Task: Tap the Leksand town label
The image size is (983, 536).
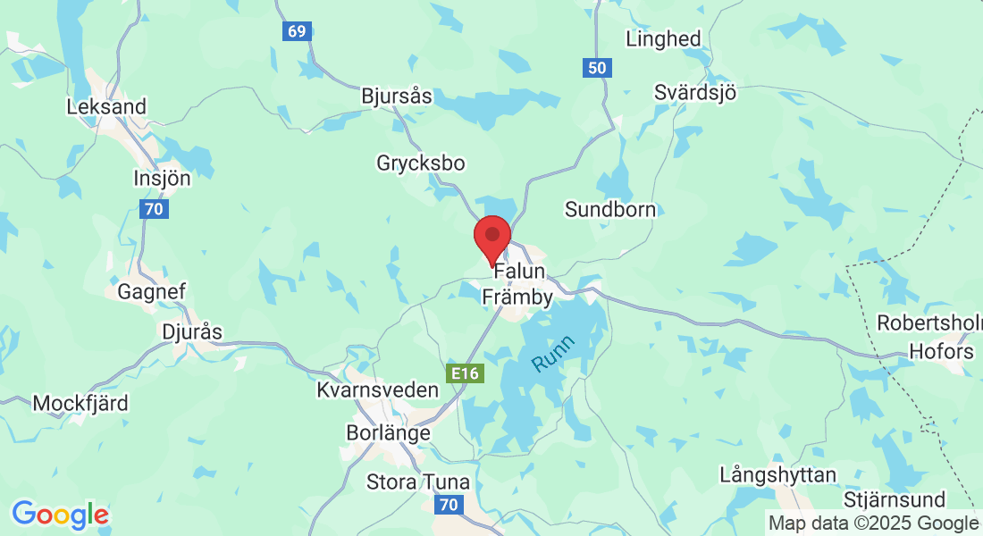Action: pos(106,106)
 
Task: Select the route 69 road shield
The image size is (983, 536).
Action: pos(297,31)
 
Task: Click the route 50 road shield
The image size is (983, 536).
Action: pos(597,67)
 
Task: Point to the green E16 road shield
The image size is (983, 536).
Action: pos(465,373)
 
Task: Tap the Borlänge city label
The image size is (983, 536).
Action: pos(388,432)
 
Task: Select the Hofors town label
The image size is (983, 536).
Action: pos(941,351)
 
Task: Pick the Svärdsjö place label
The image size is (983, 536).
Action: pos(695,92)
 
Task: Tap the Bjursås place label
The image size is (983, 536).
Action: pos(397,96)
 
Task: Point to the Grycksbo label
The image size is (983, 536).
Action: pos(421,163)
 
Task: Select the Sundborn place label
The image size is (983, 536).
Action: pos(610,210)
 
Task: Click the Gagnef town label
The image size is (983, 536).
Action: pos(151,291)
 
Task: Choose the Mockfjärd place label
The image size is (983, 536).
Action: pos(80,403)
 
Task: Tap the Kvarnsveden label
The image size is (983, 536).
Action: pos(378,390)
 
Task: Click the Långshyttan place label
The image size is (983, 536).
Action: pos(778,474)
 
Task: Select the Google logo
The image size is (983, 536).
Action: pos(60,515)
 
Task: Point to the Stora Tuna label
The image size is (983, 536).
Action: pos(418,482)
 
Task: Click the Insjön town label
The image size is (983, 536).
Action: pos(162,178)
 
